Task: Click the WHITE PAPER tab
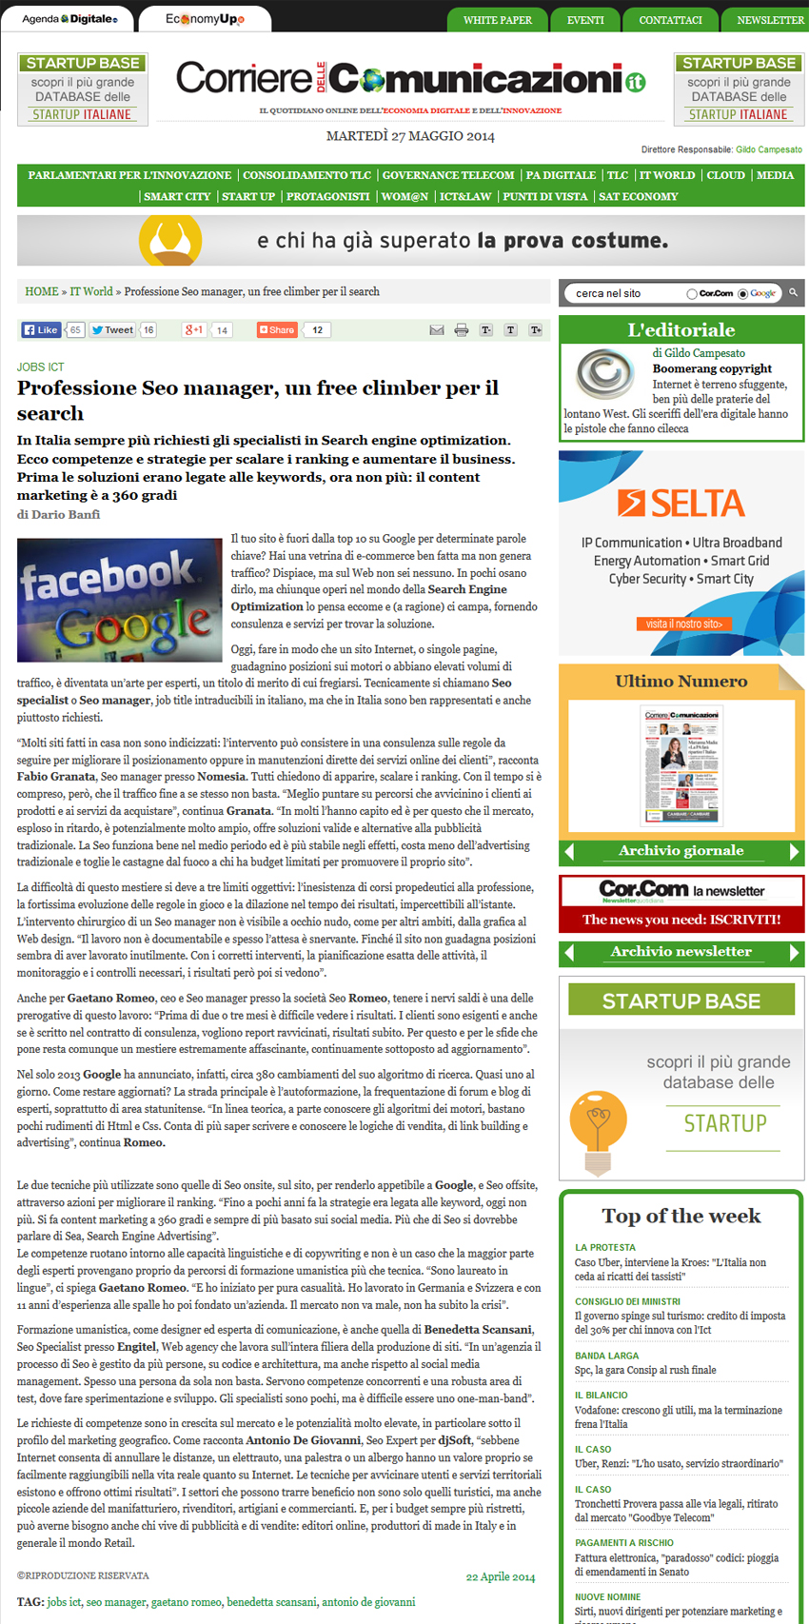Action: (497, 20)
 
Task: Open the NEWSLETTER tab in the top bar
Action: (770, 20)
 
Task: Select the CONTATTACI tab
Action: (670, 20)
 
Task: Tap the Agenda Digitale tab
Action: (69, 19)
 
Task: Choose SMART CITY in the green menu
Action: (177, 196)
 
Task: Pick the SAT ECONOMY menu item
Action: (639, 196)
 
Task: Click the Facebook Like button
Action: (41, 330)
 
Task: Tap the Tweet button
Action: (112, 330)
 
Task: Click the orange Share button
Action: (277, 330)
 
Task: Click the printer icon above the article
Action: (462, 330)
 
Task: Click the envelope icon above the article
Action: (437, 330)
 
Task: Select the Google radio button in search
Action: (743, 294)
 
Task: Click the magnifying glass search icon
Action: (793, 292)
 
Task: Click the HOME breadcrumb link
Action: (41, 291)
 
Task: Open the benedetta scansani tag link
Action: (271, 1602)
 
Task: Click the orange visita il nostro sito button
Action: (683, 624)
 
